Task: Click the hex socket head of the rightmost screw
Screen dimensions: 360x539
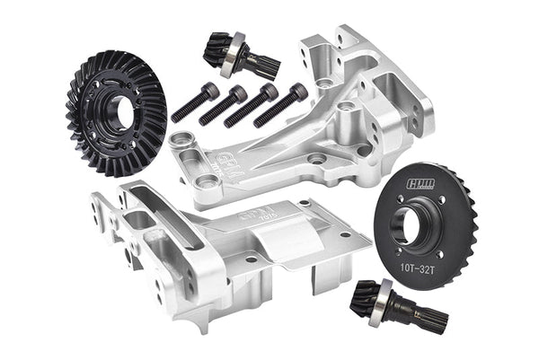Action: pos(296,90)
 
